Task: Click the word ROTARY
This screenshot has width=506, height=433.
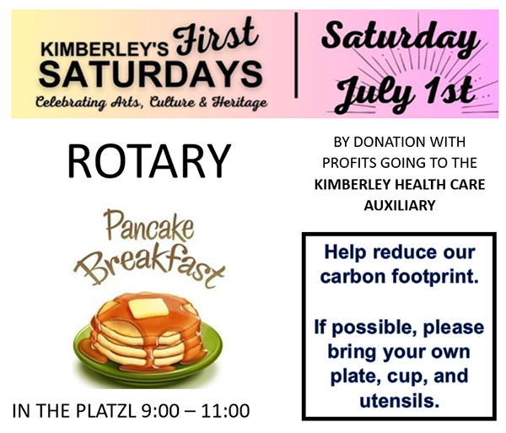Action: coord(149,161)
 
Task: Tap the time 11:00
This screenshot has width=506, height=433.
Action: coord(225,411)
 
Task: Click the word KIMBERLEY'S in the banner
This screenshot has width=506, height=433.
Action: coord(105,50)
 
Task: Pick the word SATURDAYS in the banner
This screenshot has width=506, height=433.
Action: coord(150,74)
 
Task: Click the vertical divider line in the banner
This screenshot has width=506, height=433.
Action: coord(296,55)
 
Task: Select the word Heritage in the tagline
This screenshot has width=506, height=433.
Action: coord(240,103)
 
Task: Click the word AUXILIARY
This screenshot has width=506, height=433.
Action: coord(400,205)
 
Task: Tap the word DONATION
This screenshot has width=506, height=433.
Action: coord(385,142)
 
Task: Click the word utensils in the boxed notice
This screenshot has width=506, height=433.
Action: coord(400,401)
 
